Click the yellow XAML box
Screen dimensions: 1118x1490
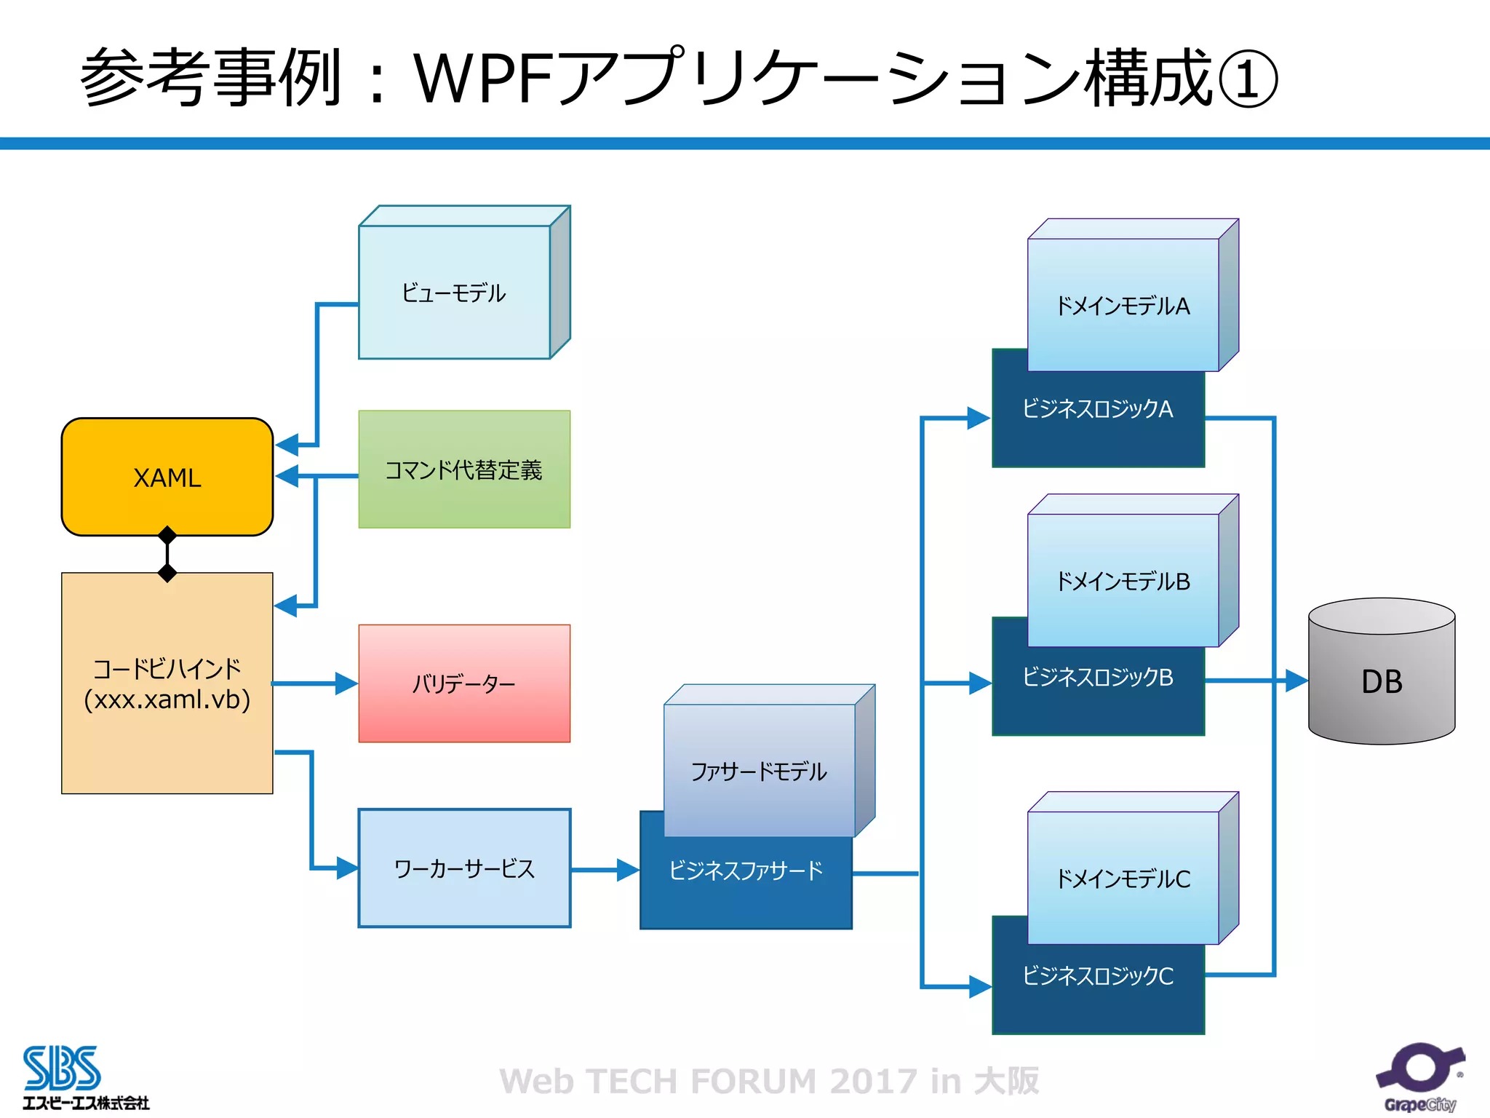(167, 477)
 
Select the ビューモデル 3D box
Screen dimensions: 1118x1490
(454, 292)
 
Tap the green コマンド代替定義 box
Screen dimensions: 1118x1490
(463, 469)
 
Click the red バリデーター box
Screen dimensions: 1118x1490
(463, 683)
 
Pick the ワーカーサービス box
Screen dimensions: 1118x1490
(463, 868)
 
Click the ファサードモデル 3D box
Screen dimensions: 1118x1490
(759, 771)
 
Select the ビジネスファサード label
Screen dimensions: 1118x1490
(745, 871)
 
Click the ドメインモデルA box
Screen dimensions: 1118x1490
(1123, 306)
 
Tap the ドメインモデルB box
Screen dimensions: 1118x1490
(1123, 581)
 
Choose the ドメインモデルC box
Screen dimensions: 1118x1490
(1123, 879)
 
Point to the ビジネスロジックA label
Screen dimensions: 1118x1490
(1097, 409)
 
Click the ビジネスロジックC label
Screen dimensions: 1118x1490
(1097, 976)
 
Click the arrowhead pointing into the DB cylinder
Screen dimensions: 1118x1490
(1296, 681)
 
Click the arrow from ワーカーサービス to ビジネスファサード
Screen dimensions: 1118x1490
(604, 870)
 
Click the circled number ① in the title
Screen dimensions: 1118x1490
(1247, 79)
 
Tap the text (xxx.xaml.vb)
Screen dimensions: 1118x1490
(167, 699)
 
